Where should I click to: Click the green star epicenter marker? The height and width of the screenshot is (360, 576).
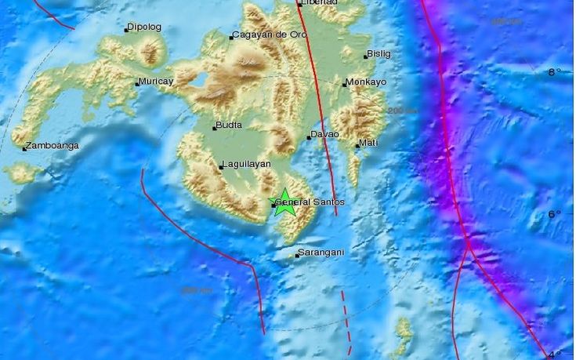click(x=284, y=203)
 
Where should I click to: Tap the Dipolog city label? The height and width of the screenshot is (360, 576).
click(x=145, y=27)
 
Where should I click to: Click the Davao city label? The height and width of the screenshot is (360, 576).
click(x=326, y=135)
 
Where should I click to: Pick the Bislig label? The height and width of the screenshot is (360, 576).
click(x=380, y=54)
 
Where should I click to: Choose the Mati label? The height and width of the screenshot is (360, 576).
click(x=369, y=144)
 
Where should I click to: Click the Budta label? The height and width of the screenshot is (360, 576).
click(x=230, y=125)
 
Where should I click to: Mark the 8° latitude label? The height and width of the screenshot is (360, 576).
click(x=554, y=72)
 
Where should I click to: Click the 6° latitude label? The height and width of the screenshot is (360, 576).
click(x=553, y=214)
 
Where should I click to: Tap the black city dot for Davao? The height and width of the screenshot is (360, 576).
click(x=309, y=138)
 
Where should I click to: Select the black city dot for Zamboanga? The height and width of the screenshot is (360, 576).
click(x=25, y=148)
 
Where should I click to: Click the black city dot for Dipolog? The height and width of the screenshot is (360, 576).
click(x=125, y=30)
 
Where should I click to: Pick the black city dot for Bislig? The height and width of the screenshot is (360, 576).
click(x=365, y=56)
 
